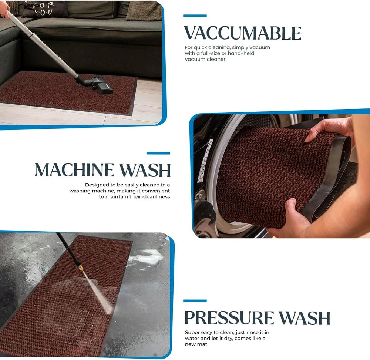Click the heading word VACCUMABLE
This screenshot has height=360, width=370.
tap(242, 33)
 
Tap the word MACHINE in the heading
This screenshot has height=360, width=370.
tap(74, 170)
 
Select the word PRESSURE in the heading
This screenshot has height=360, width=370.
tap(229, 318)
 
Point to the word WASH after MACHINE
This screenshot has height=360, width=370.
tap(145, 170)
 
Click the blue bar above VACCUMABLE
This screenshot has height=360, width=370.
tap(195, 16)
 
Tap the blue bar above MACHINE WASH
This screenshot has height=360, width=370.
tap(158, 153)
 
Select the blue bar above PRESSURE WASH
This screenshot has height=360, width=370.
tap(195, 301)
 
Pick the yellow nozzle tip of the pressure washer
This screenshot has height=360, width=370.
tap(80, 267)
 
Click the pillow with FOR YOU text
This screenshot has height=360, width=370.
tap(43, 9)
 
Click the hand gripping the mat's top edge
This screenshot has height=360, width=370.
tap(328, 130)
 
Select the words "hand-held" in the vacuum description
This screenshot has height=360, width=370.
tap(241, 53)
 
